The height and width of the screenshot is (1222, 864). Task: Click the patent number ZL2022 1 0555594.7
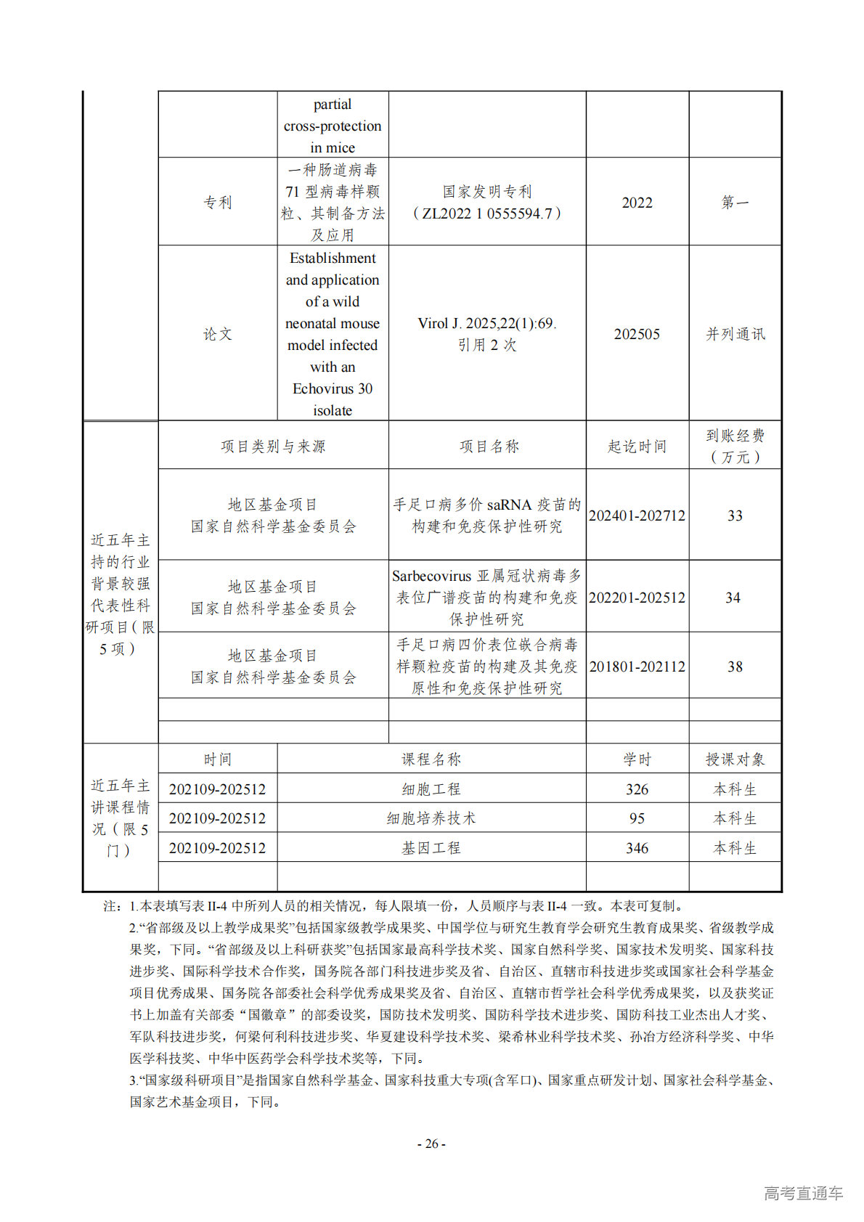click(x=487, y=213)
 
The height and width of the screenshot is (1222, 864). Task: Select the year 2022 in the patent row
click(x=637, y=203)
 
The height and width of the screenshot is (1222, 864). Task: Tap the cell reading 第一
click(x=735, y=203)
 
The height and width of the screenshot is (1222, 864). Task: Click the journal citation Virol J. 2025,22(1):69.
click(x=487, y=324)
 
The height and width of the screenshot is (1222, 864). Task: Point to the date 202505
click(x=637, y=334)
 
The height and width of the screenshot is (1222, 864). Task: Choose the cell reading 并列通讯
click(x=735, y=334)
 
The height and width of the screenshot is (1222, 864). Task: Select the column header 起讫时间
click(x=637, y=447)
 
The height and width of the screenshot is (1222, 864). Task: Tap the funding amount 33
click(x=735, y=516)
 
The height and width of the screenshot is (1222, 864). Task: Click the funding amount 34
click(x=733, y=598)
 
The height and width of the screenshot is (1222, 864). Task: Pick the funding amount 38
click(x=735, y=667)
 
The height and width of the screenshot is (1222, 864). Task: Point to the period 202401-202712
click(x=637, y=516)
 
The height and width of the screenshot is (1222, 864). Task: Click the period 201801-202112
click(x=637, y=667)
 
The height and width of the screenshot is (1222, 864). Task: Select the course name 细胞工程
click(x=431, y=789)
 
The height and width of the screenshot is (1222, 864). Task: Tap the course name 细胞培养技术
click(x=431, y=818)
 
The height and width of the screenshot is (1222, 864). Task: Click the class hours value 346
click(x=637, y=848)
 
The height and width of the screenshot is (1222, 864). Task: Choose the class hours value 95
click(x=637, y=818)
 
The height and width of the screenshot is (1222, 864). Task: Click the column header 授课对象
click(x=735, y=759)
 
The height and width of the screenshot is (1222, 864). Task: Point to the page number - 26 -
click(x=431, y=1144)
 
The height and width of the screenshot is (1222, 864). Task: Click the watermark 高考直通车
click(x=803, y=1193)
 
